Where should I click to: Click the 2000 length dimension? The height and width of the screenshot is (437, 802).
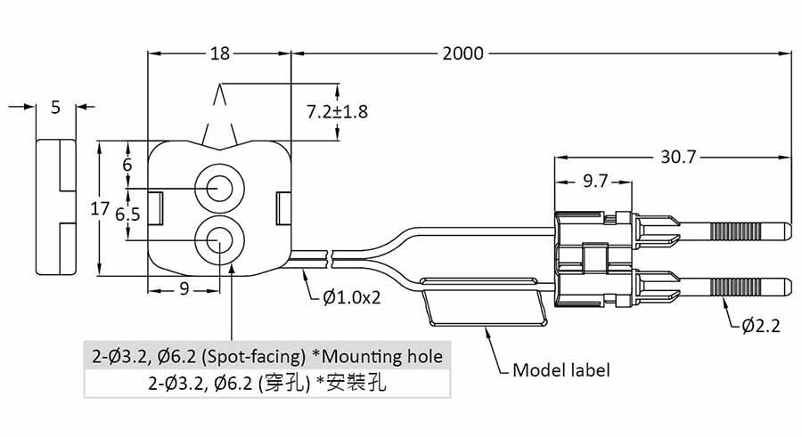tap(462, 54)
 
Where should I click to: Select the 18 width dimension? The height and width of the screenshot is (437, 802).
tap(219, 54)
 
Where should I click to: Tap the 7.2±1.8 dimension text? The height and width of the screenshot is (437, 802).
tap(337, 112)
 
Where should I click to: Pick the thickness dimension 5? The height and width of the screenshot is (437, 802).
tap(55, 108)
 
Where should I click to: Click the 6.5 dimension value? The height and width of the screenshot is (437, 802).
tap(127, 214)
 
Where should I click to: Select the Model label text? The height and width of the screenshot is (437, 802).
tap(561, 368)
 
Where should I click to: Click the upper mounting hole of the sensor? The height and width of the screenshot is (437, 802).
tap(218, 188)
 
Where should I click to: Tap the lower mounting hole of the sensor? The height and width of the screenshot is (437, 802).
tap(218, 239)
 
